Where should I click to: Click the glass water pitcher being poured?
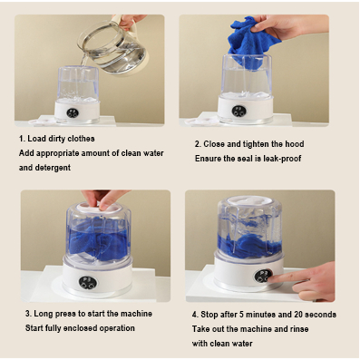coord(113,48)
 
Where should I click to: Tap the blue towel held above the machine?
coord(251,43)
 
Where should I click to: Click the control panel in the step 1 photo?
coord(73,113)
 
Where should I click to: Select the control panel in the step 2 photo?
coord(239,111)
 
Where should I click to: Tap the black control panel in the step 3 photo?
coord(88,282)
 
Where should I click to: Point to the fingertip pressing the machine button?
coord(270,278)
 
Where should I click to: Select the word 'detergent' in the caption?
coord(53,168)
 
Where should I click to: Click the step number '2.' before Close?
coord(198,144)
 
